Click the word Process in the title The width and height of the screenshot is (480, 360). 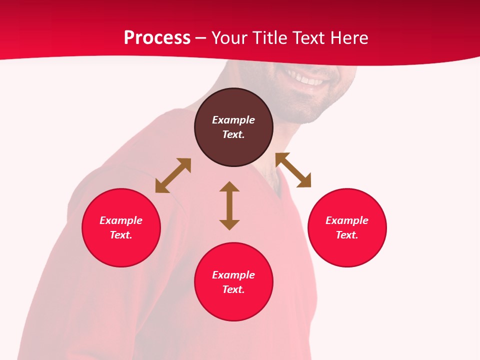[157, 38]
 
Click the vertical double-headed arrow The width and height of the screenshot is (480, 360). [229, 205]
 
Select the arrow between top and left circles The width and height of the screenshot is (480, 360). [173, 175]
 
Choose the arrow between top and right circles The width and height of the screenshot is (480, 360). [293, 170]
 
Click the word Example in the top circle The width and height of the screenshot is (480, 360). [233, 120]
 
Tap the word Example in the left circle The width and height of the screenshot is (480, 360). [121, 220]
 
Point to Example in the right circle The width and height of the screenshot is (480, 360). [347, 220]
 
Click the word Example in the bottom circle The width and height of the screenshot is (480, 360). [233, 275]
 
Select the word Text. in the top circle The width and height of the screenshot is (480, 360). [233, 134]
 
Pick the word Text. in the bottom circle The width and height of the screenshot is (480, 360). [233, 289]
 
